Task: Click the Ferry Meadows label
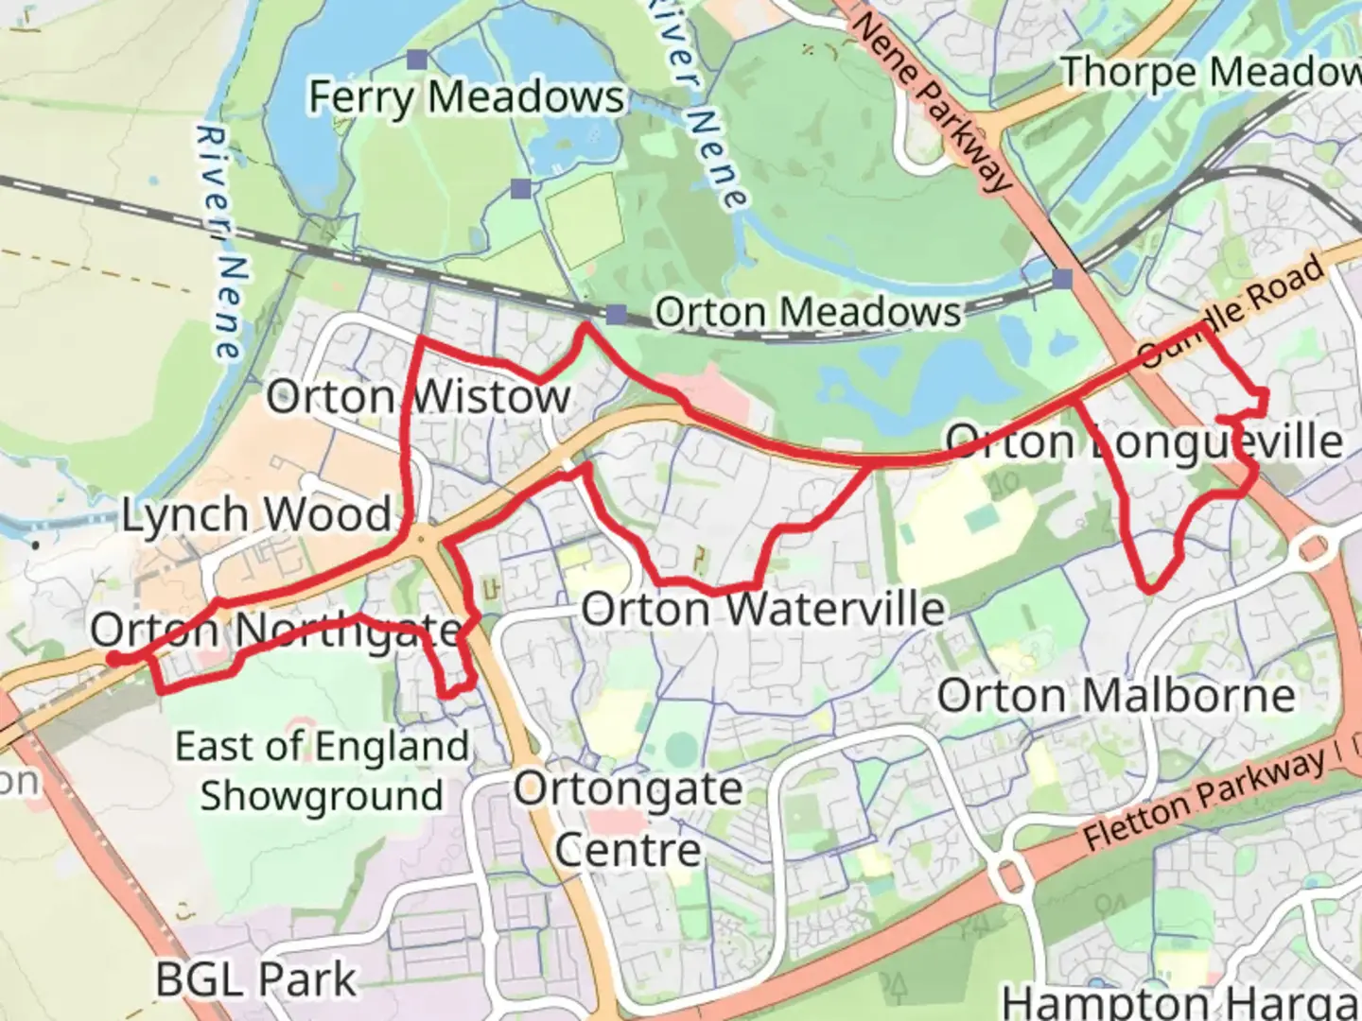pyautogui.click(x=466, y=97)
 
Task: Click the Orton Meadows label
pyautogui.click(x=808, y=312)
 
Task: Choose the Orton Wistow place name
pyautogui.click(x=418, y=396)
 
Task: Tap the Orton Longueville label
pyautogui.click(x=1144, y=441)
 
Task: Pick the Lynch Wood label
pyautogui.click(x=256, y=515)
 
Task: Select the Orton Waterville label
pyautogui.click(x=763, y=610)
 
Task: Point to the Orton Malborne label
pyautogui.click(x=1116, y=697)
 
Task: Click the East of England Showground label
pyautogui.click(x=322, y=770)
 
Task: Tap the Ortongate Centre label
pyautogui.click(x=628, y=819)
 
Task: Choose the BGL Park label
pyautogui.click(x=256, y=980)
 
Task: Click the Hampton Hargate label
pyautogui.click(x=1182, y=1000)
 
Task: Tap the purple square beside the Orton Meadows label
pyautogui.click(x=617, y=315)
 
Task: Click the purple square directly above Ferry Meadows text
pyautogui.click(x=417, y=60)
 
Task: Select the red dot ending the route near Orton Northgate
pyautogui.click(x=113, y=659)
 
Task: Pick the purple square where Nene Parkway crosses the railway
pyautogui.click(x=1063, y=279)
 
